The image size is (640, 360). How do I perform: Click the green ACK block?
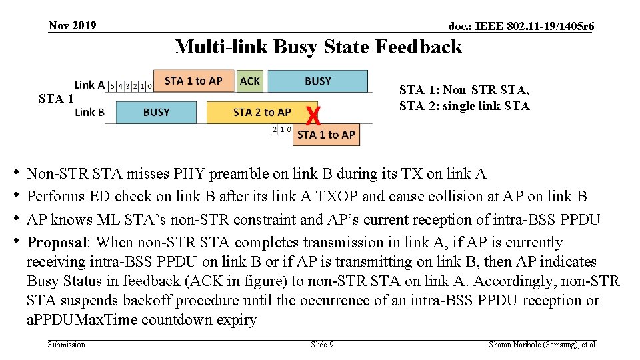click(x=251, y=81)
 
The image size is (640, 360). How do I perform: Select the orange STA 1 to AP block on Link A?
click(x=193, y=81)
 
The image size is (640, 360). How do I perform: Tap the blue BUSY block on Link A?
click(x=317, y=81)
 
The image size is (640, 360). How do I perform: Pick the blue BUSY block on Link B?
click(x=156, y=112)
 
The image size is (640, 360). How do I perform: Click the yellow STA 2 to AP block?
click(x=261, y=112)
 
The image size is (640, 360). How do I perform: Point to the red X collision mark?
click(x=313, y=117)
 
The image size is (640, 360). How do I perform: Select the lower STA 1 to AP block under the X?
click(x=326, y=134)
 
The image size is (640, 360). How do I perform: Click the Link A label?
click(x=89, y=85)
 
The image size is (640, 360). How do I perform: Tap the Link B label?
click(x=89, y=112)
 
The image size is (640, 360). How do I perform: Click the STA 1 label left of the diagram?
click(x=55, y=99)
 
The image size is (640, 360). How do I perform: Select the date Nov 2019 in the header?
click(x=72, y=26)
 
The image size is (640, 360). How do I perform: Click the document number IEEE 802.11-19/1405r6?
click(x=521, y=27)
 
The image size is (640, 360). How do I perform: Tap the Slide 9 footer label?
click(x=322, y=345)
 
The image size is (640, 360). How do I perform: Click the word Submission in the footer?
click(x=67, y=345)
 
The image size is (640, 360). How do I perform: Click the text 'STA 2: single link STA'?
click(x=464, y=106)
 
